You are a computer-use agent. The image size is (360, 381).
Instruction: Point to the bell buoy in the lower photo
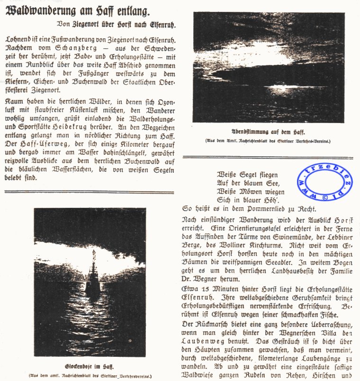click(x=92, y=279)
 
